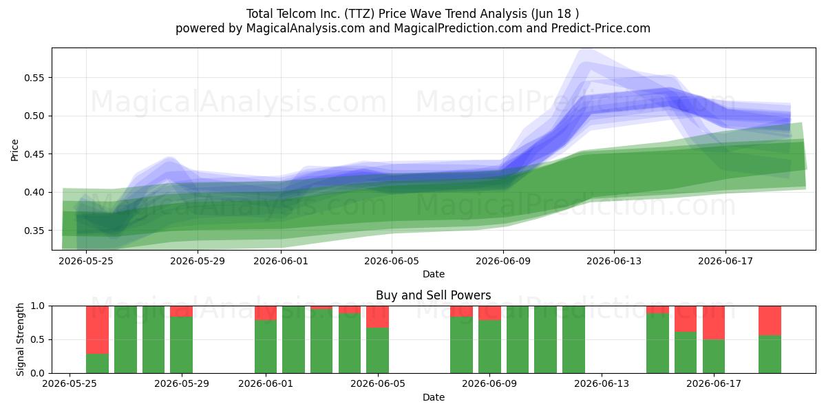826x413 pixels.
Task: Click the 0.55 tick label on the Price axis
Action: (x=34, y=78)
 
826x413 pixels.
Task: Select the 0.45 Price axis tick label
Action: (x=34, y=154)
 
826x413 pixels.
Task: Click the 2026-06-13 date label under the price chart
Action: (x=614, y=262)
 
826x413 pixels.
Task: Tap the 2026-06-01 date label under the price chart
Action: (x=281, y=262)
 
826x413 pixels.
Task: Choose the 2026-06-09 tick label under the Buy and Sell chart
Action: (x=489, y=384)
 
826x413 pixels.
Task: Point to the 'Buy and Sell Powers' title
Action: (x=433, y=295)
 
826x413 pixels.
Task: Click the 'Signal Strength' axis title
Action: (x=20, y=339)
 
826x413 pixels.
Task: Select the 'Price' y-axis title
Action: (x=14, y=150)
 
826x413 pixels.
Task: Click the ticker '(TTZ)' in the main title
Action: (x=359, y=14)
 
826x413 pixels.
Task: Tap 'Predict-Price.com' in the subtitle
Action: (x=601, y=28)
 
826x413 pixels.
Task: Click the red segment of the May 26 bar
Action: (x=97, y=330)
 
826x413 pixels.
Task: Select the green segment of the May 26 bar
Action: (x=97, y=363)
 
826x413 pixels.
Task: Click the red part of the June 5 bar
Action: (x=378, y=317)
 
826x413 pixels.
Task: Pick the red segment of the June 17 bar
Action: (x=714, y=323)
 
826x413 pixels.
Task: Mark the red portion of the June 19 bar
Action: (x=770, y=321)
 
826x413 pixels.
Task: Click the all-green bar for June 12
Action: (x=574, y=339)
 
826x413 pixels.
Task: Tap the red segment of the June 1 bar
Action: (x=266, y=313)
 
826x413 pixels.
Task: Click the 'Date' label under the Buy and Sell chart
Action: (x=433, y=398)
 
